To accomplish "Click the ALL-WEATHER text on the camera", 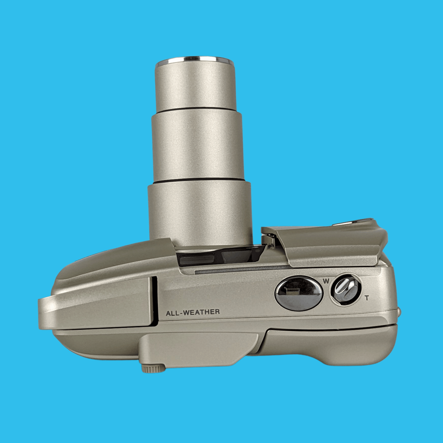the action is coord(193,312).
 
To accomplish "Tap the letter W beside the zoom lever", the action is coord(326,281).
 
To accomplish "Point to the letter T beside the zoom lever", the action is coord(367,298).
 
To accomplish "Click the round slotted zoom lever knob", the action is coord(345,290).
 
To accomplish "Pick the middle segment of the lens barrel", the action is coord(197,146).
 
